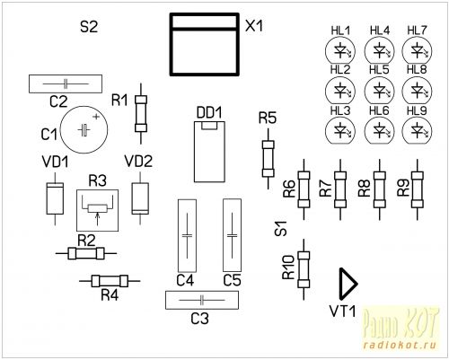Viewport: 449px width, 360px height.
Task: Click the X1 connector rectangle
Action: click(x=205, y=44)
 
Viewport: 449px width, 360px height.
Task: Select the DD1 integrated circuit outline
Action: click(x=209, y=152)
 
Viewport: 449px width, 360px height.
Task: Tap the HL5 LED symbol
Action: click(x=379, y=90)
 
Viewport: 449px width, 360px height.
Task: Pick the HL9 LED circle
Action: click(x=417, y=130)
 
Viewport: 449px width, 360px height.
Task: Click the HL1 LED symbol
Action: click(x=340, y=50)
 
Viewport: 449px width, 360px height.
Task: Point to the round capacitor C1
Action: click(x=84, y=130)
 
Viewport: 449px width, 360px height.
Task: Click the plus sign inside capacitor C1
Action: click(x=96, y=117)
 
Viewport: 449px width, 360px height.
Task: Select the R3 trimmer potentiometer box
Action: click(x=97, y=210)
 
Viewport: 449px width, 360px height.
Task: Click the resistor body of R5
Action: click(x=268, y=159)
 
